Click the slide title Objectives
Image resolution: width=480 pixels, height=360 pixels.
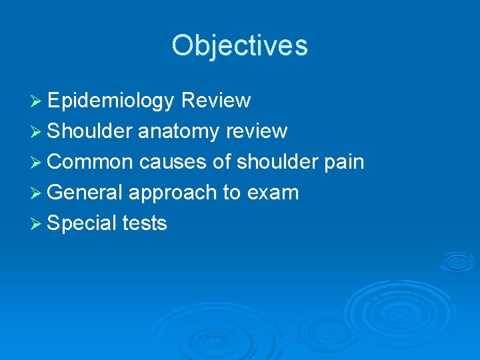[239, 46]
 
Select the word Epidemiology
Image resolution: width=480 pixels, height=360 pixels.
[111, 101]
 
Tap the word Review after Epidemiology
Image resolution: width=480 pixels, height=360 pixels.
[215, 101]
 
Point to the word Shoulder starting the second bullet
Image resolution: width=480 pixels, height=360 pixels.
[90, 131]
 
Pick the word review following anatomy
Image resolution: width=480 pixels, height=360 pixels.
[257, 131]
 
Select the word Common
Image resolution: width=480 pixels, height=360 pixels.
[91, 162]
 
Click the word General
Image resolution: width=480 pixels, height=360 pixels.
[85, 193]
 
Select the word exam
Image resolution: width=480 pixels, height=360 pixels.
[273, 193]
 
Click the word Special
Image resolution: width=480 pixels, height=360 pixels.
[83, 223]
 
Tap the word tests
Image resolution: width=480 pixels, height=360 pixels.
[145, 223]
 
